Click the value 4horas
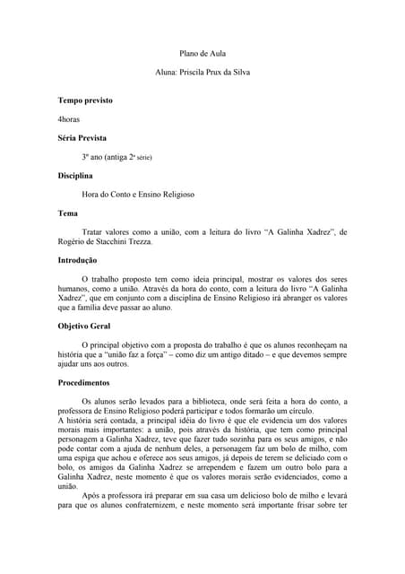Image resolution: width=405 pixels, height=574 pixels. (x=70, y=118)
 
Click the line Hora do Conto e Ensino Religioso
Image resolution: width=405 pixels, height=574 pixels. (x=138, y=194)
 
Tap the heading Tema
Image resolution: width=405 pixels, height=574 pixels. (x=68, y=213)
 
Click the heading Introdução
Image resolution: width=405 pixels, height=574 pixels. (x=78, y=259)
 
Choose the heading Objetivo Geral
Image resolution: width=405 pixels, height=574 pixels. (x=86, y=326)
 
